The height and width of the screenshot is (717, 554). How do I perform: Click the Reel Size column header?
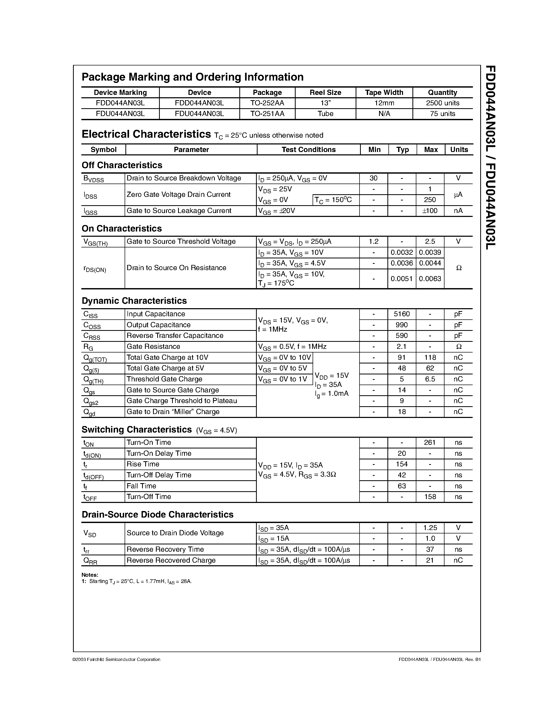coord(325,93)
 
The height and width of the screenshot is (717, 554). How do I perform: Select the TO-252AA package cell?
coord(267,103)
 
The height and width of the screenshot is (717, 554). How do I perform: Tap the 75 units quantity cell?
coord(442,114)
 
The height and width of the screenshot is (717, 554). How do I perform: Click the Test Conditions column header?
coord(308,150)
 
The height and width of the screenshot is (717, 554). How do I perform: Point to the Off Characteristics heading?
coord(122,165)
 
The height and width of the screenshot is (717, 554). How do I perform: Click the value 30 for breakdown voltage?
coord(374,178)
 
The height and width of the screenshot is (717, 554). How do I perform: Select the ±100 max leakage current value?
coord(430,211)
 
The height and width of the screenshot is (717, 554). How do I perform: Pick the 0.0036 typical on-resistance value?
coord(402,263)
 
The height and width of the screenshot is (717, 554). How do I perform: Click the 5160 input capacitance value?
coord(402,314)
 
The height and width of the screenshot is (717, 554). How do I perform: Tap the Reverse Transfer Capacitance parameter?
coord(175,336)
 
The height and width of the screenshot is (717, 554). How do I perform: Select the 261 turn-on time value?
coord(430,442)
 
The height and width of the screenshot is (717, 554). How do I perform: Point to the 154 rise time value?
coord(402,464)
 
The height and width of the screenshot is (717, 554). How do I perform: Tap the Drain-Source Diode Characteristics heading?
coord(157,514)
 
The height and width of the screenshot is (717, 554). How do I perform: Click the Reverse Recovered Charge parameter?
coord(171,560)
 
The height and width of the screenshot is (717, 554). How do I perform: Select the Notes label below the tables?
coord(90,575)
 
